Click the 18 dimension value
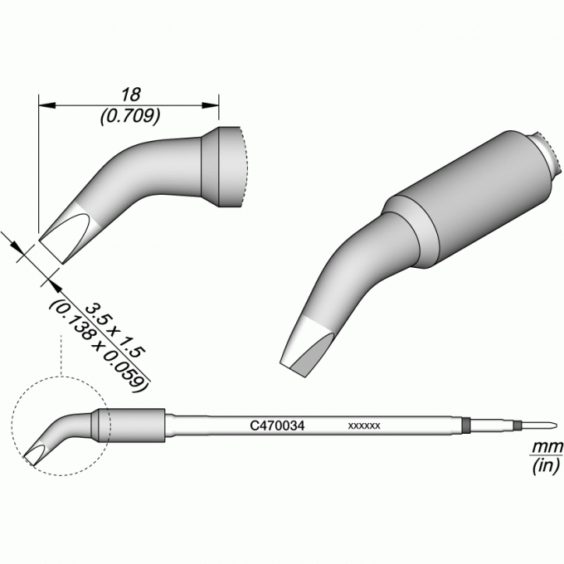pos(130,95)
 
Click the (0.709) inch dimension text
pos(130,117)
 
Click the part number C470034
pos(277,425)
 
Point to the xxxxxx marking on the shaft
pos(364,426)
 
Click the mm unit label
pos(547,447)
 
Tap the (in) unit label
pos(547,466)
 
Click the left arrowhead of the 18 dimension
pos(47,105)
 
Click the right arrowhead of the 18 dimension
pos(210,105)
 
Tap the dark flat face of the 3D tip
pos(312,354)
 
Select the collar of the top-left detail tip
pos(220,167)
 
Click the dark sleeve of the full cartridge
pos(128,425)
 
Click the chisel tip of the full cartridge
pos(35,455)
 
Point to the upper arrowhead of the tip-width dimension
pos(15,246)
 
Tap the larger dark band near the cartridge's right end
pos(466,425)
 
